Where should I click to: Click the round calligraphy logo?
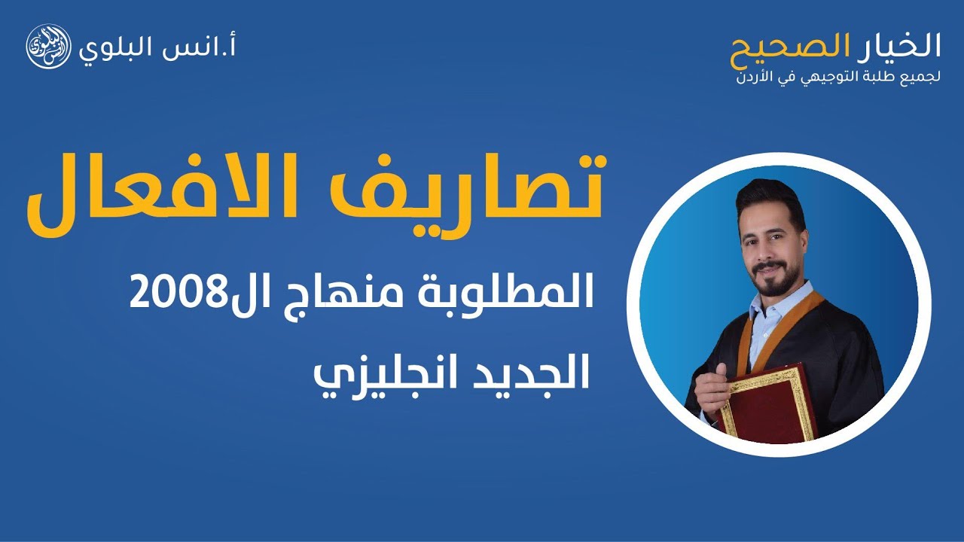49,47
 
